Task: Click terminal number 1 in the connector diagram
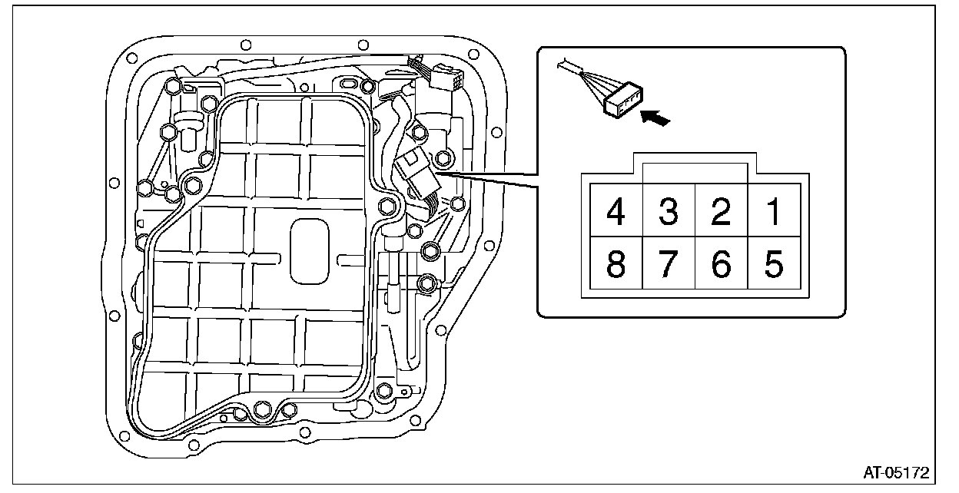point(774,211)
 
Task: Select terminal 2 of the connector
point(721,211)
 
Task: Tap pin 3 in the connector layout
point(669,211)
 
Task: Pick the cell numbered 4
point(616,211)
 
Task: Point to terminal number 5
point(774,263)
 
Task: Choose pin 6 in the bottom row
point(721,263)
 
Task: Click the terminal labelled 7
point(669,263)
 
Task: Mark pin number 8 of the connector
point(616,263)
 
